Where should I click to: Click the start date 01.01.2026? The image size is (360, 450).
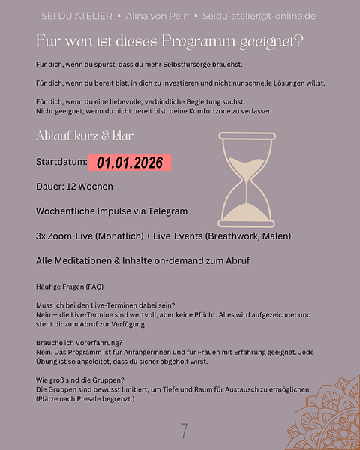(x=129, y=162)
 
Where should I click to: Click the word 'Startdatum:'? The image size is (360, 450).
(x=61, y=162)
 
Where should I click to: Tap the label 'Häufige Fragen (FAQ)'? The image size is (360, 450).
(x=70, y=286)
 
